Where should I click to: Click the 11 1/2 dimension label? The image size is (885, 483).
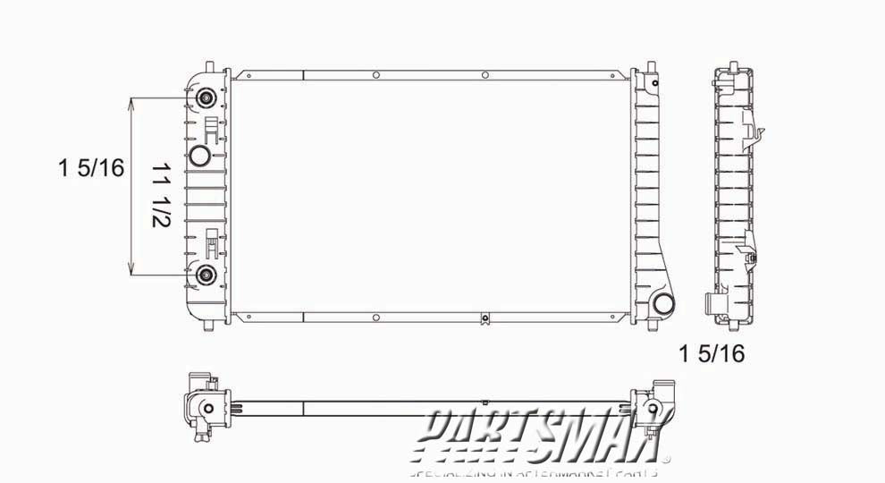(x=162, y=195)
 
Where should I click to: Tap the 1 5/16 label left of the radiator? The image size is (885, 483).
(x=90, y=167)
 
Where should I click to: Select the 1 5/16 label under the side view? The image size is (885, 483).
(x=712, y=354)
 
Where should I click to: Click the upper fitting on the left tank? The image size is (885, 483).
(x=206, y=98)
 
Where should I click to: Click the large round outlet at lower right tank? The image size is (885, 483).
(x=662, y=304)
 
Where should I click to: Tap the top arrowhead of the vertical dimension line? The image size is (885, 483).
(x=132, y=102)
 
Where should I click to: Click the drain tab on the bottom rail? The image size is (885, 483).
(x=484, y=318)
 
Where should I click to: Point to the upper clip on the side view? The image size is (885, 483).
(x=757, y=133)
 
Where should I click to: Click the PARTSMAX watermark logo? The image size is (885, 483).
(x=542, y=435)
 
